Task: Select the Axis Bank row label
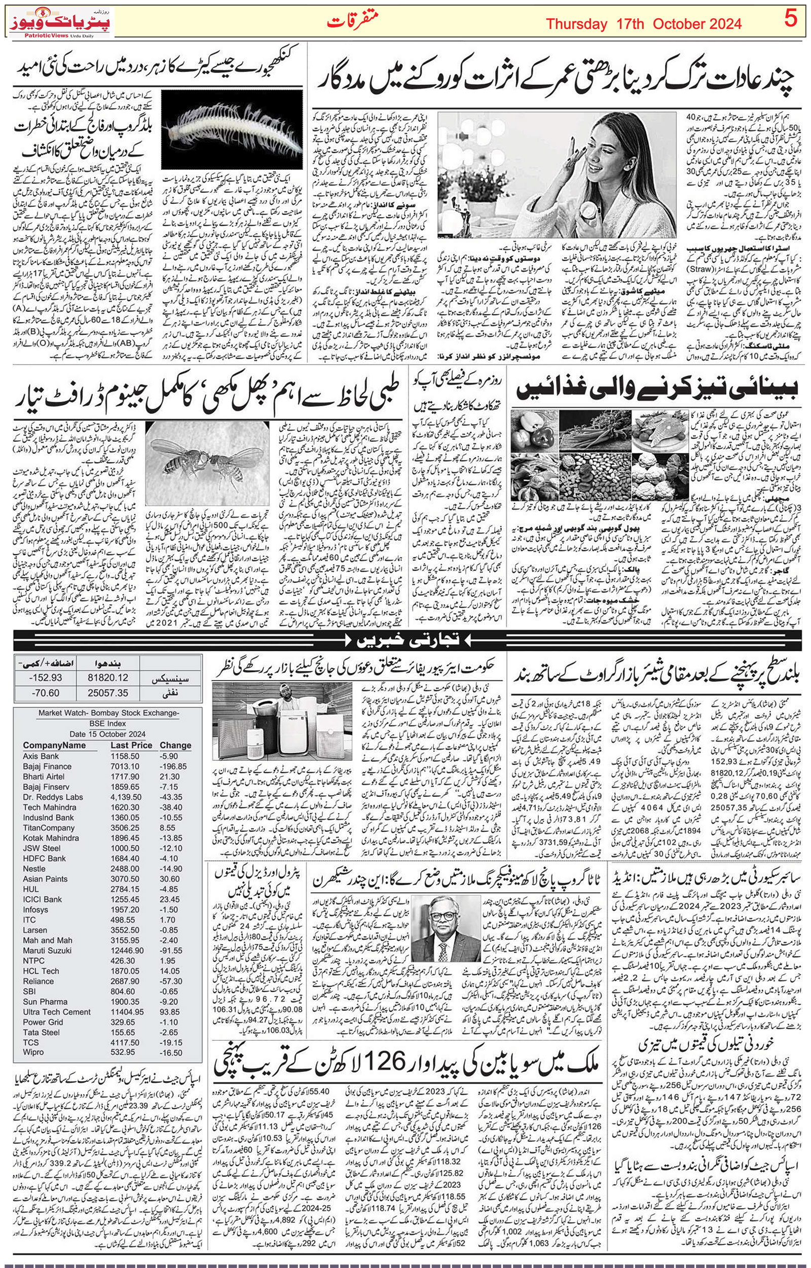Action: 41,755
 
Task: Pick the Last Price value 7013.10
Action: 125,766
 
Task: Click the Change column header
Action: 175,745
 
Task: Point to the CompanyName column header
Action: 54,745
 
